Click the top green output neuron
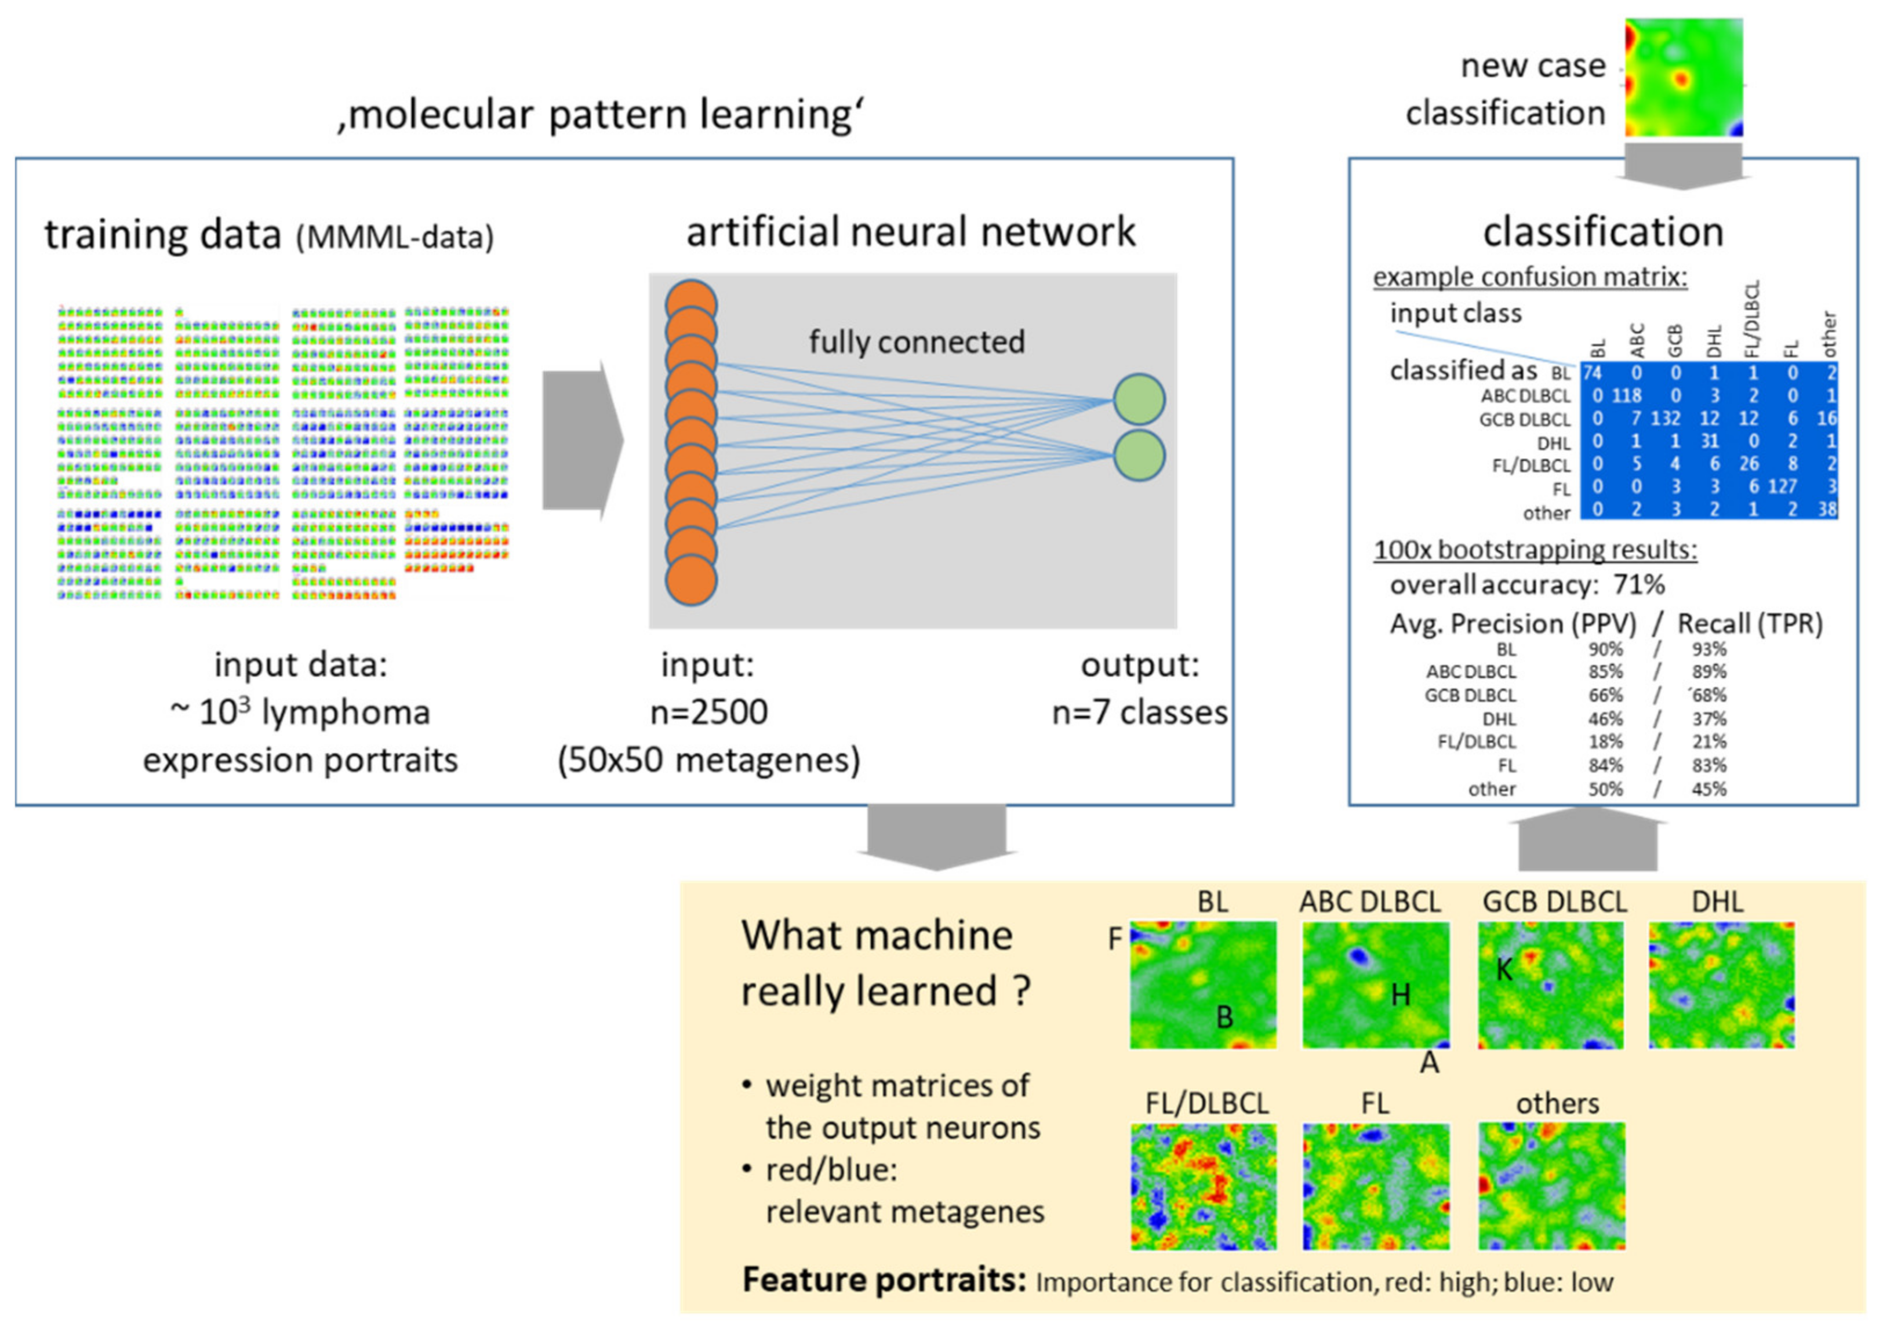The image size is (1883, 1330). pos(1139,399)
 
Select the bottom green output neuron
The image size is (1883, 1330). pos(1139,455)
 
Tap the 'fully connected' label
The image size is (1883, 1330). pos(917,342)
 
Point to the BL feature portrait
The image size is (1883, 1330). pos(1203,985)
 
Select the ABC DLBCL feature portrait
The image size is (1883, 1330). pos(1375,985)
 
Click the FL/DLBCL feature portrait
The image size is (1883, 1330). pos(1203,1186)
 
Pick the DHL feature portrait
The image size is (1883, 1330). pos(1721,985)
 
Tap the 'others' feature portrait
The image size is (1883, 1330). pos(1551,1186)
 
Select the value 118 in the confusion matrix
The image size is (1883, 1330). pos(1626,396)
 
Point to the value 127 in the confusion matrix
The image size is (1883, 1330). pos(1782,487)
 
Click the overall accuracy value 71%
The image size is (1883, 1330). pos(1640,584)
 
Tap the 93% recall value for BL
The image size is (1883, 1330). pos(1709,649)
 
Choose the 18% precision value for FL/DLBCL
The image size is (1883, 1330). pos(1605,742)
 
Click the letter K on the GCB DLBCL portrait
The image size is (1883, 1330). pos(1504,970)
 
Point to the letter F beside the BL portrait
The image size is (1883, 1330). pos(1114,939)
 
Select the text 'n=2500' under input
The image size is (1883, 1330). pos(708,712)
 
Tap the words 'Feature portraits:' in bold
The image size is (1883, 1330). pos(884,1280)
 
